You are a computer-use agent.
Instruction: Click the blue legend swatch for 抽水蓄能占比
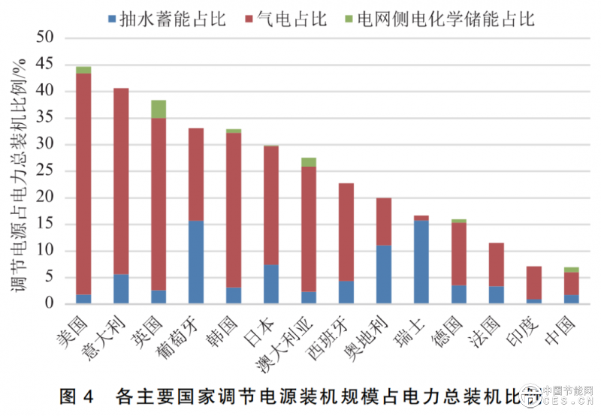pyautogui.click(x=112, y=18)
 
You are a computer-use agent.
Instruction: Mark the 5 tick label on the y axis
pyautogui.click(x=53, y=277)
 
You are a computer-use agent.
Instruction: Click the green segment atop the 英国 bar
pyautogui.click(x=158, y=109)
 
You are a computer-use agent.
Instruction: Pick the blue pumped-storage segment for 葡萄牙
pyautogui.click(x=195, y=262)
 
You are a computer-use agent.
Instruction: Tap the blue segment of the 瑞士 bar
pyautogui.click(x=421, y=262)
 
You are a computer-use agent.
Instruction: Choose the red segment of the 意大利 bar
pyautogui.click(x=121, y=181)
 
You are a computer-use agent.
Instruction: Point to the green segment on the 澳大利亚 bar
pyautogui.click(x=308, y=162)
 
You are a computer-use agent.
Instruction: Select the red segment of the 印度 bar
pyautogui.click(x=533, y=282)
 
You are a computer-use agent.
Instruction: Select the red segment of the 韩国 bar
pyautogui.click(x=234, y=210)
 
